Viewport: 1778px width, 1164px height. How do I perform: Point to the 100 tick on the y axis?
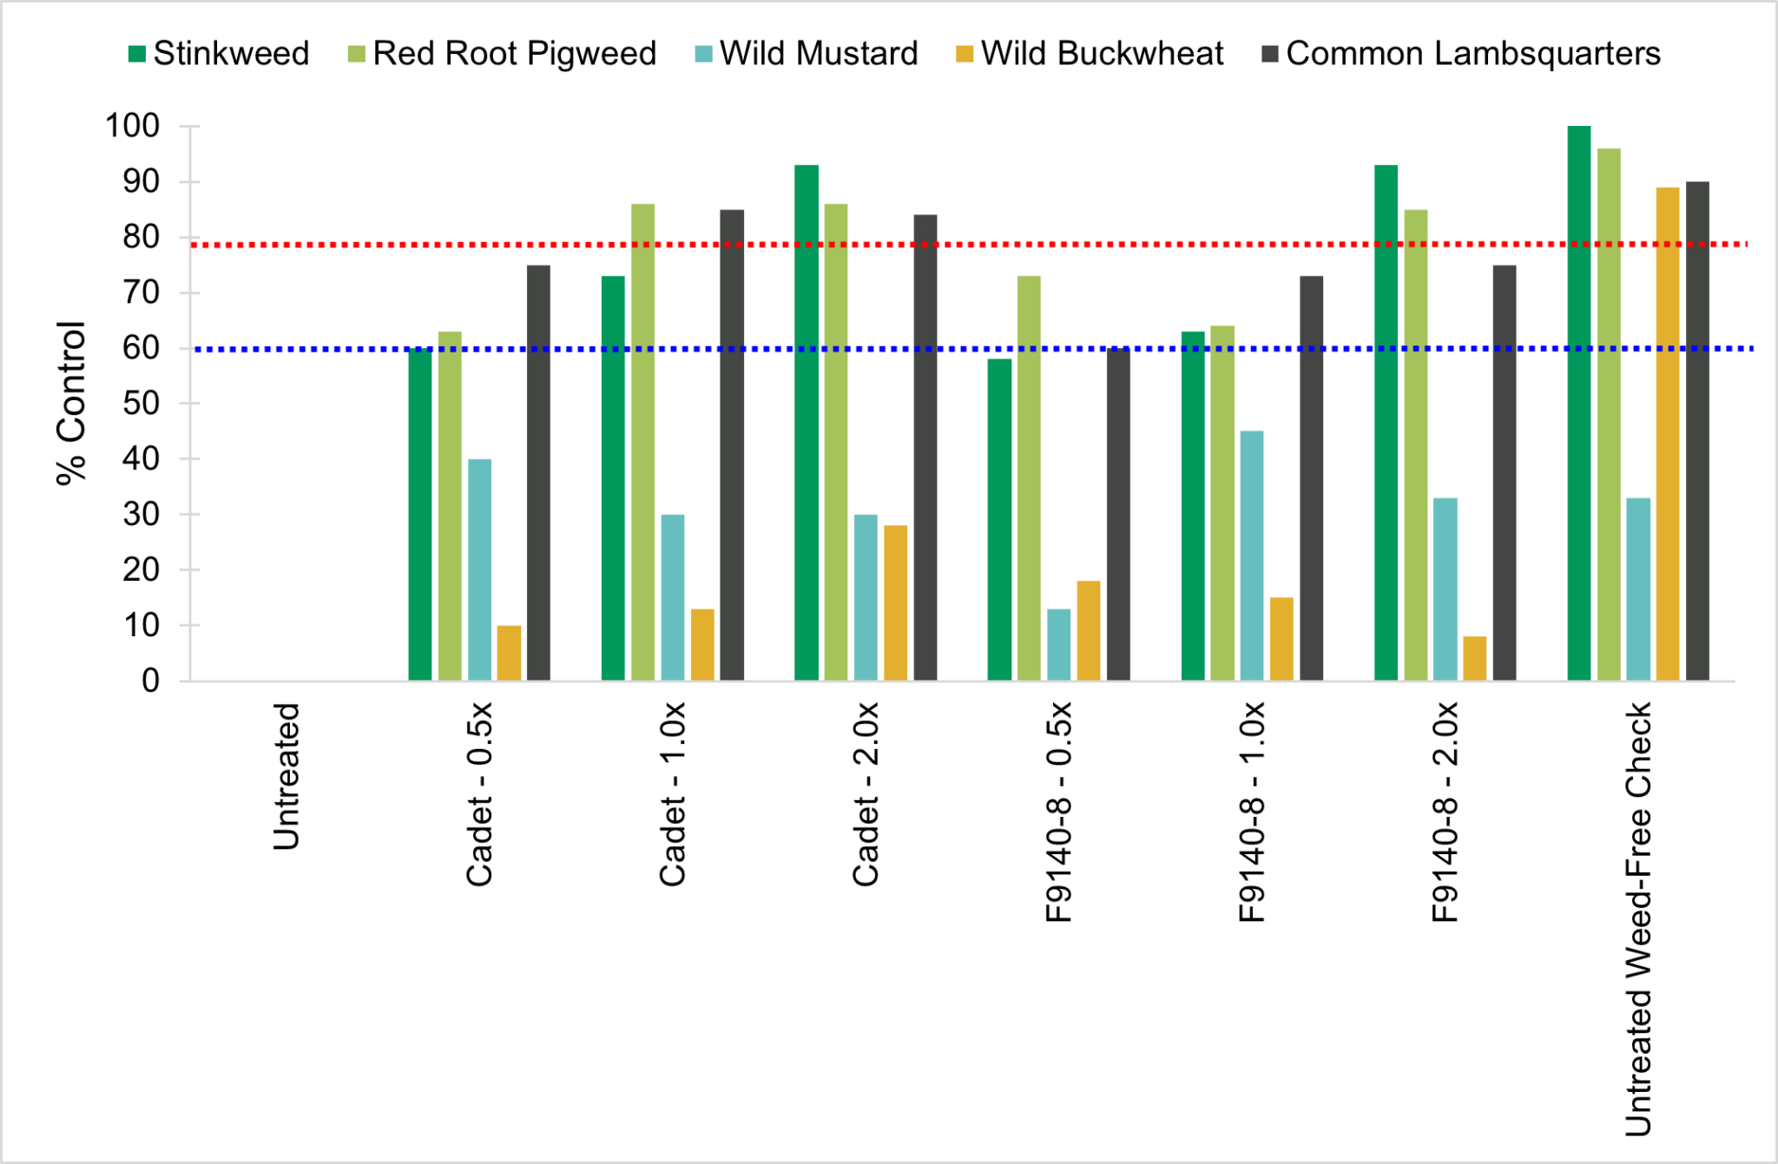(133, 126)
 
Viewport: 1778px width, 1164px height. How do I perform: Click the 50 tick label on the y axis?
(141, 404)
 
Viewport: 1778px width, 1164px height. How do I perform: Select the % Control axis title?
(71, 403)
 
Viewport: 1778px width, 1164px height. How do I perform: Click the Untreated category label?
(286, 776)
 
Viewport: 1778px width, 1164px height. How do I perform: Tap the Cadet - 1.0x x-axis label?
(673, 794)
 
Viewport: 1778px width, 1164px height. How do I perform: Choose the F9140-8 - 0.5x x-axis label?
(1059, 812)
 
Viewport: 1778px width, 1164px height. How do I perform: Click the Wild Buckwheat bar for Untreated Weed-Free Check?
(1668, 434)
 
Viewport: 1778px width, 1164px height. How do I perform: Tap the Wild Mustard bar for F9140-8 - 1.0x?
(1252, 556)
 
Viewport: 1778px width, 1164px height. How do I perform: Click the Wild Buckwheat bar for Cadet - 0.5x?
(509, 653)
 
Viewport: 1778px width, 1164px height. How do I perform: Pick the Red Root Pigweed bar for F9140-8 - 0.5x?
(1029, 478)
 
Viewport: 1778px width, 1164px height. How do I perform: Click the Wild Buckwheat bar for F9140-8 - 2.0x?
(1474, 658)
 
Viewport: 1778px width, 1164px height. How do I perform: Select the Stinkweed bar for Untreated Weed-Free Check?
(1579, 403)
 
